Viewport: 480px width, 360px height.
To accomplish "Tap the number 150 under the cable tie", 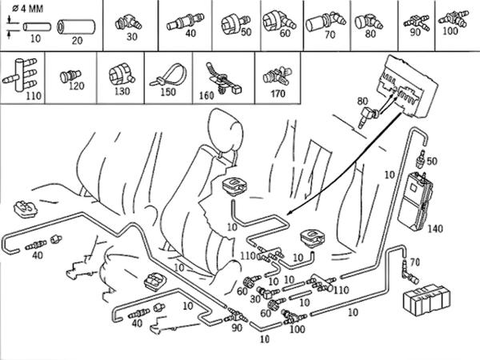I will (x=169, y=93).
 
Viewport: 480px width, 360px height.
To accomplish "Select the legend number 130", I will (x=122, y=93).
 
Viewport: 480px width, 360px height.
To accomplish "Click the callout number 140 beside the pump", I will (x=458, y=229).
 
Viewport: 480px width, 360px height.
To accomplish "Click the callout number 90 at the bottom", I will (x=237, y=328).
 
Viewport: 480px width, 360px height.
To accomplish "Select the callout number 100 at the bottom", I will (x=297, y=330).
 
